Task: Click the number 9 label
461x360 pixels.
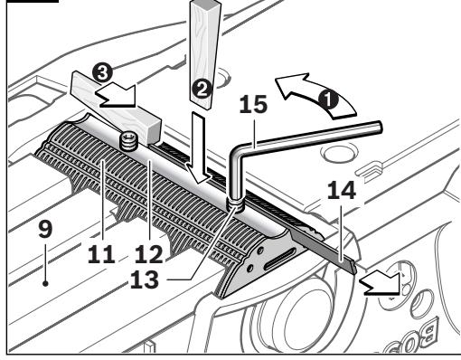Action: [x=44, y=231]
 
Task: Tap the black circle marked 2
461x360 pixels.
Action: [x=200, y=88]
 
